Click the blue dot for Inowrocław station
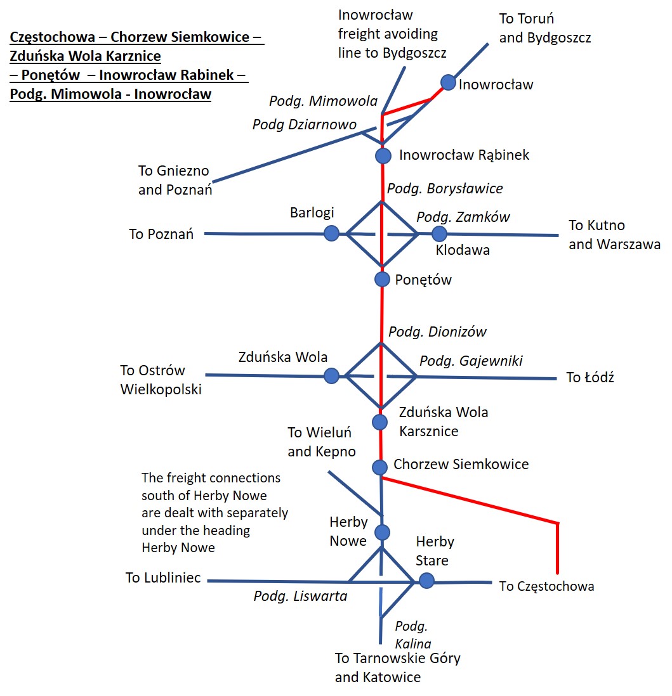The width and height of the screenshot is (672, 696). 449,82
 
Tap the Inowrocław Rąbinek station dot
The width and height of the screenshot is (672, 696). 383,156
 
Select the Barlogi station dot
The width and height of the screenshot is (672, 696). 331,233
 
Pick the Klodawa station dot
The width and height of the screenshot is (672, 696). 439,233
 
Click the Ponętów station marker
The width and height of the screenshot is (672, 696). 382,279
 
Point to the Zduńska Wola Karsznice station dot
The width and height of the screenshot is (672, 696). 379,422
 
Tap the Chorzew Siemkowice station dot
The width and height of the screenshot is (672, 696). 379,467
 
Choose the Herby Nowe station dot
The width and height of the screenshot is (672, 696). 382,532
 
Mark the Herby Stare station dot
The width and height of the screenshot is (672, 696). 426,581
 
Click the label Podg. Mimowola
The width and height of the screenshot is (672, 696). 324,101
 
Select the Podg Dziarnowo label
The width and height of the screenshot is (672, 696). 305,125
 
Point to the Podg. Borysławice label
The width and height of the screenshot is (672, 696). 445,189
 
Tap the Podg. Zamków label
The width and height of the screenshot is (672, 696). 463,217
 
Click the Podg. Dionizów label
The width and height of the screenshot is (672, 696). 437,332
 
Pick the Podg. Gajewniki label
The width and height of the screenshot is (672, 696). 471,361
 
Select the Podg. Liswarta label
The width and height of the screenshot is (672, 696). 300,596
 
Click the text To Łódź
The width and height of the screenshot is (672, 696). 590,377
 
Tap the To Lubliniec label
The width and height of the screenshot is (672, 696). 163,578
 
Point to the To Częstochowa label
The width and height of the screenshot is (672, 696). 546,586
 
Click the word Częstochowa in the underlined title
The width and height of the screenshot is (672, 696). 53,37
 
